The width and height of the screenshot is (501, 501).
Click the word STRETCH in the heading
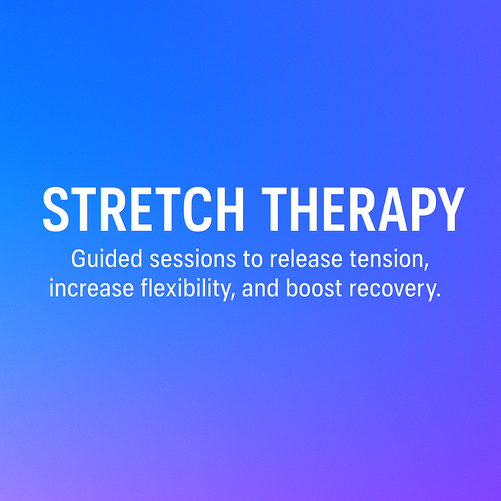143,209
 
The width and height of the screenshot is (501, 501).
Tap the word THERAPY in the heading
364,209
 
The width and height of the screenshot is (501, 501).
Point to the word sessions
193,259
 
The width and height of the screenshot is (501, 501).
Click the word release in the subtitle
306,259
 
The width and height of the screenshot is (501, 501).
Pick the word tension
389,259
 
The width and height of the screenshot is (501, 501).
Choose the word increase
91,288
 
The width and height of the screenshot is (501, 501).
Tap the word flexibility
188,289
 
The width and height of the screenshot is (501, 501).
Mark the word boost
314,288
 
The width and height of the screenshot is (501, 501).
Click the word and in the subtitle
260,288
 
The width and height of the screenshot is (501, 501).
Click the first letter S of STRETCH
56,209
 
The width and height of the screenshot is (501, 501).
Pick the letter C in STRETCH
198,209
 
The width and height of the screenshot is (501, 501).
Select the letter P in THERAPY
424,209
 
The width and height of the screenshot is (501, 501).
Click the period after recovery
439,295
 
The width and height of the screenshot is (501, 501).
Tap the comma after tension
427,267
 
